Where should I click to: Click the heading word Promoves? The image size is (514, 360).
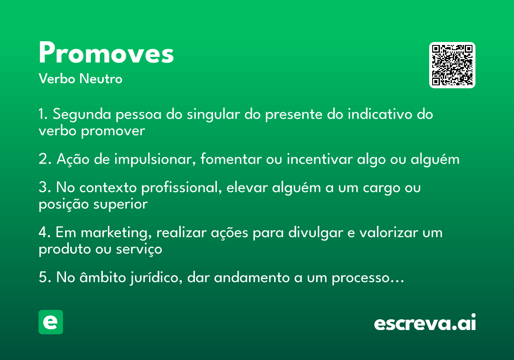coord(106,52)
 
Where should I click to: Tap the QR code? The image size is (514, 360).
coord(452,65)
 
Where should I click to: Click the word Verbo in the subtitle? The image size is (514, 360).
coord(57,79)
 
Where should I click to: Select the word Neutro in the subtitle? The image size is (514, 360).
coord(101,79)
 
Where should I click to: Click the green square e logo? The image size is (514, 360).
coord(51,322)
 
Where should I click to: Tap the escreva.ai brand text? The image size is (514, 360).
coord(425,322)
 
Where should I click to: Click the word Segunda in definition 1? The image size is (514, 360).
coord(82,114)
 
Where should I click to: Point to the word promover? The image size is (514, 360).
coord(113,131)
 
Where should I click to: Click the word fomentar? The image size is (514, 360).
coord(231,159)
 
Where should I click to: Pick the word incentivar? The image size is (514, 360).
coord(320,159)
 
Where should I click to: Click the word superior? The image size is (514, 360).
coord(120,204)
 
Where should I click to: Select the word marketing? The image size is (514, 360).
coord(116,233)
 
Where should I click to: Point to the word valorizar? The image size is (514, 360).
coord(389,232)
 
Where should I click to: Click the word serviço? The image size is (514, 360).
coord(139,249)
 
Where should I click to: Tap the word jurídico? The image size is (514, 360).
coord(156,277)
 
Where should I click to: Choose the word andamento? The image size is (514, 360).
coord(252,277)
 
